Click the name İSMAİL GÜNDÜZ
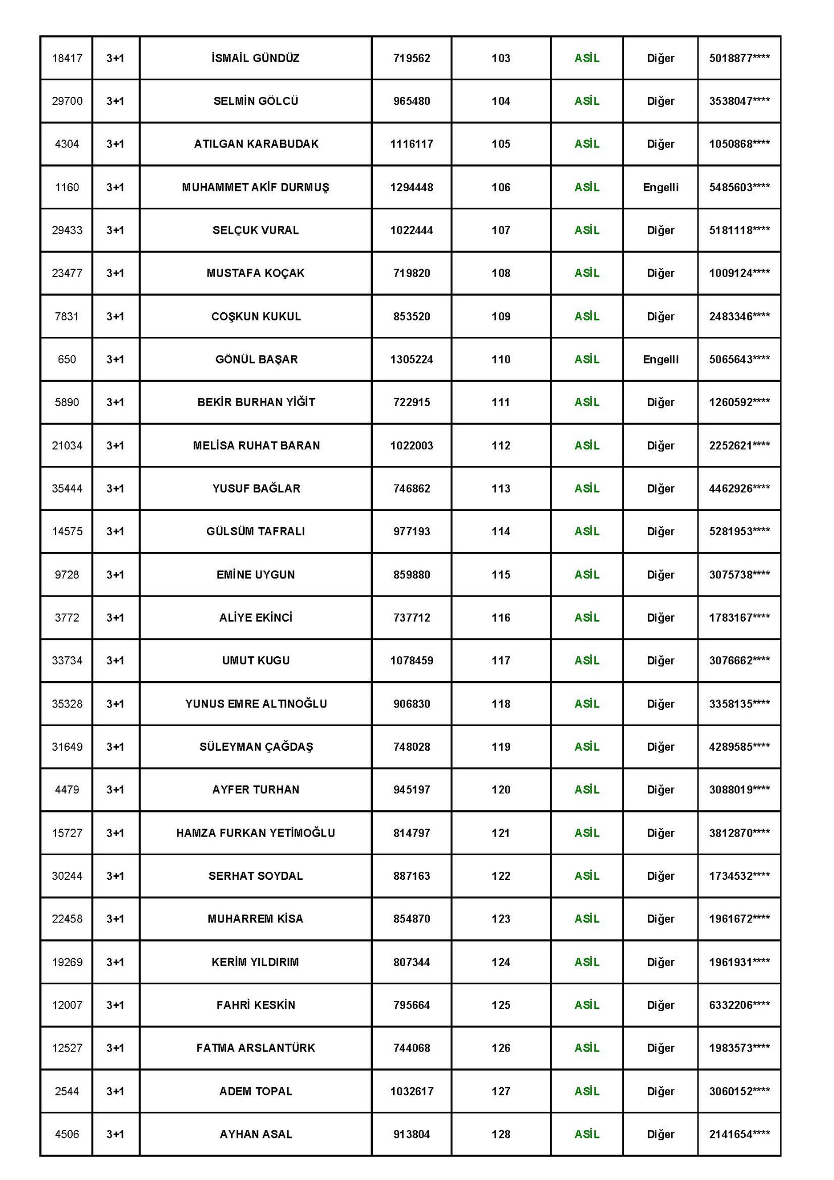point(255,58)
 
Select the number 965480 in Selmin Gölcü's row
point(412,101)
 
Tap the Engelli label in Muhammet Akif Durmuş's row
point(661,187)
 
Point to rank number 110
point(501,360)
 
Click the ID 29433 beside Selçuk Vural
point(67,230)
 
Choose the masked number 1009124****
point(739,273)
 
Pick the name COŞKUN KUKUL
point(256,316)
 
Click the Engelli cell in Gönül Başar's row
point(661,360)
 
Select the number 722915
point(412,402)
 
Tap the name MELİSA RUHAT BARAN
point(256,445)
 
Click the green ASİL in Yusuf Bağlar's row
point(587,489)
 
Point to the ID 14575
point(67,531)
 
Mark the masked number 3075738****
point(739,574)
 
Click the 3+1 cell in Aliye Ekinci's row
point(115,618)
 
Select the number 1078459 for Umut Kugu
point(412,660)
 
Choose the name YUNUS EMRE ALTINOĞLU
point(256,704)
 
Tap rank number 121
point(501,833)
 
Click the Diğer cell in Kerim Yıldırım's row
point(661,962)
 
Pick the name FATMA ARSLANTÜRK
point(256,1048)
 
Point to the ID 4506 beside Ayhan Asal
point(67,1134)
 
